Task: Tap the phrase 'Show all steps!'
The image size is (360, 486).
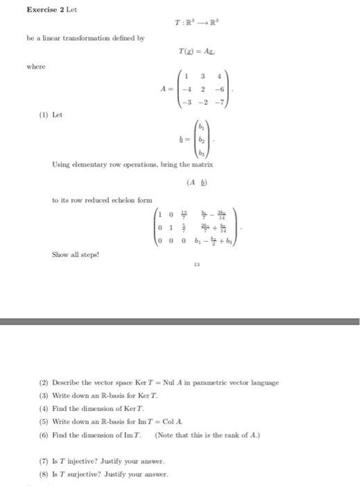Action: pyautogui.click(x=74, y=254)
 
